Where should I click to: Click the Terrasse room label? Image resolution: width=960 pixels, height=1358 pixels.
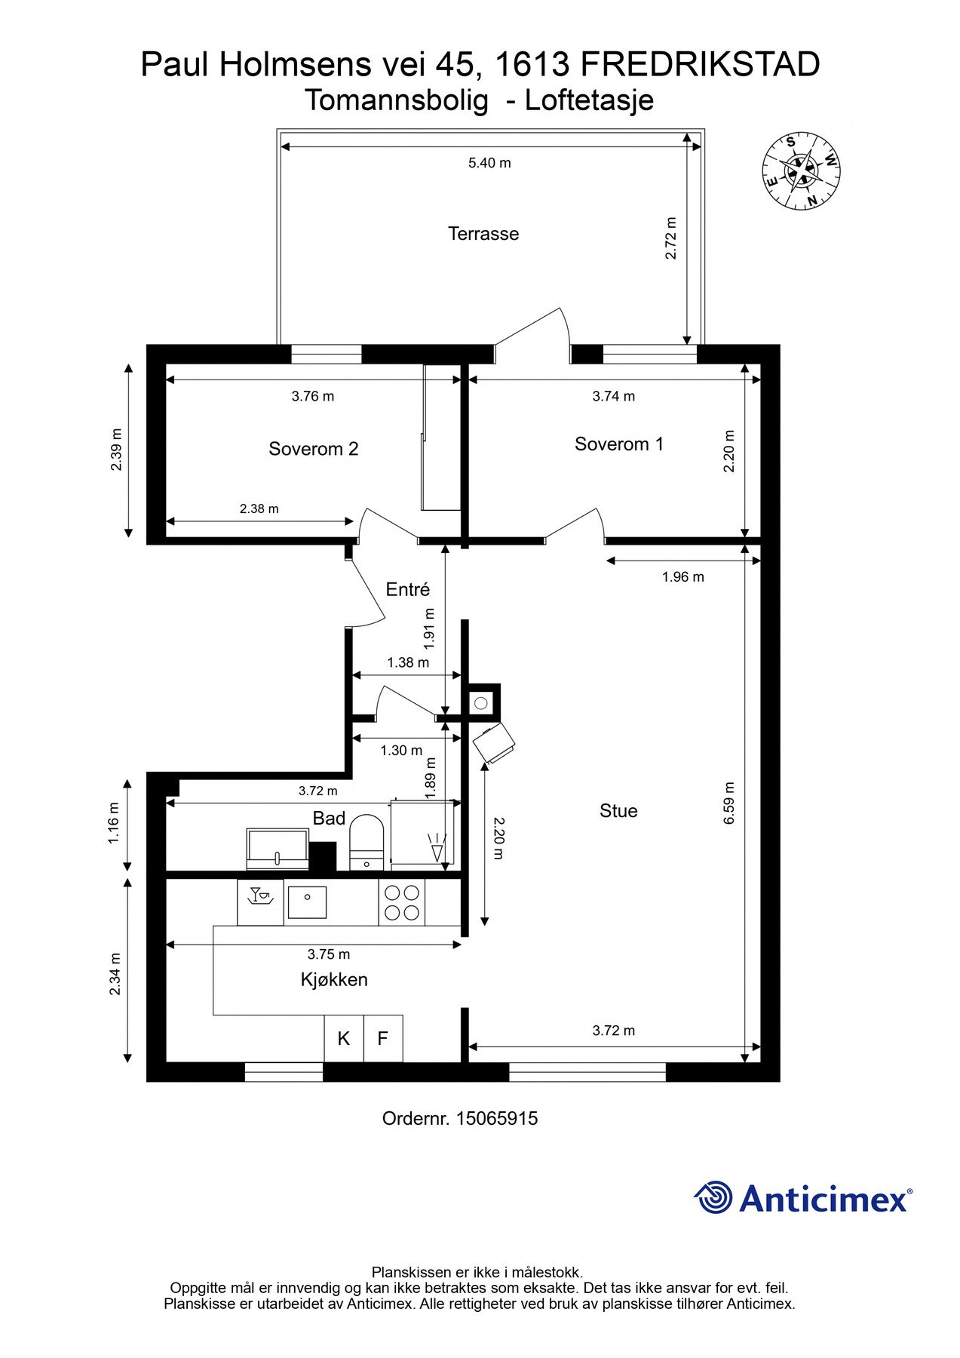pyautogui.click(x=483, y=234)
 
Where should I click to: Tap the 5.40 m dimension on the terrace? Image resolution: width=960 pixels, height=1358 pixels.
pyautogui.click(x=489, y=163)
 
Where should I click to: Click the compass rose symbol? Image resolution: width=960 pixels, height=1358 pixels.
pyautogui.click(x=801, y=171)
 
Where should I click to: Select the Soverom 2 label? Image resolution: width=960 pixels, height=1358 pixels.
pyautogui.click(x=313, y=449)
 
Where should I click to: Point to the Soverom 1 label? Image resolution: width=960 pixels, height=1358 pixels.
pyautogui.click(x=619, y=444)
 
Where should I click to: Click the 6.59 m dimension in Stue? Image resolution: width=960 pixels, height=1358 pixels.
pyautogui.click(x=728, y=803)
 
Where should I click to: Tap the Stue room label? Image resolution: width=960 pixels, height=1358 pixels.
pyautogui.click(x=618, y=811)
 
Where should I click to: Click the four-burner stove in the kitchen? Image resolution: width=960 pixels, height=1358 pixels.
pyautogui.click(x=402, y=902)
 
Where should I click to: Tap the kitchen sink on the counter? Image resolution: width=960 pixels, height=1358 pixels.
pyautogui.click(x=307, y=902)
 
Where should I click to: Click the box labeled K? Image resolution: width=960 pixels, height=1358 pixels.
pyautogui.click(x=344, y=1039)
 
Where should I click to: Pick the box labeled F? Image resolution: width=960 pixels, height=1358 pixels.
pyautogui.click(x=383, y=1039)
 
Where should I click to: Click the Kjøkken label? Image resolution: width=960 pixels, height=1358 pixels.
pyautogui.click(x=334, y=980)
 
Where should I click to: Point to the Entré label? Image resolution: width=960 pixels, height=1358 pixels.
pyautogui.click(x=407, y=590)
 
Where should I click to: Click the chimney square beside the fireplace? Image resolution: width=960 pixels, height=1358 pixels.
pyautogui.click(x=481, y=703)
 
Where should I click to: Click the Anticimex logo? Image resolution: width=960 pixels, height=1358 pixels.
pyautogui.click(x=802, y=1198)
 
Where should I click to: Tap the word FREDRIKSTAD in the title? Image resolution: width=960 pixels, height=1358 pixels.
pyautogui.click(x=701, y=65)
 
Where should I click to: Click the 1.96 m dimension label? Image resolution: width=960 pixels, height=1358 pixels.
pyautogui.click(x=682, y=577)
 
